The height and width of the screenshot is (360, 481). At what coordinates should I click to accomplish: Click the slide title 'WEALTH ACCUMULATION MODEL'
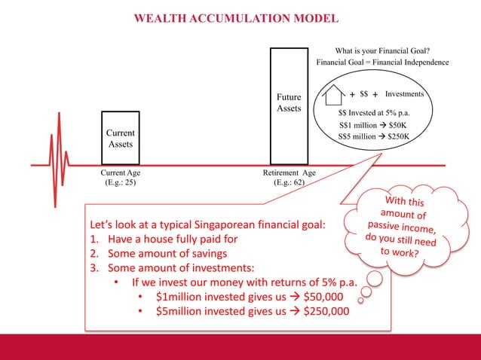pos(236,18)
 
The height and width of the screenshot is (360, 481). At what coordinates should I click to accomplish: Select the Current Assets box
pos(120,137)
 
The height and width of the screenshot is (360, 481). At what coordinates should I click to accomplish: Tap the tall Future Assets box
pos(288,104)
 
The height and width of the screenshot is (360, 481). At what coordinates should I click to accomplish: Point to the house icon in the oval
pos(333,96)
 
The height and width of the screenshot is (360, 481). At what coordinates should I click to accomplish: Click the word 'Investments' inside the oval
pos(405,95)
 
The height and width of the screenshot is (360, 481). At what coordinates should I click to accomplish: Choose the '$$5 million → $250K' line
pos(374,137)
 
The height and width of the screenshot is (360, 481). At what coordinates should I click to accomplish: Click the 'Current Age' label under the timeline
pos(120,172)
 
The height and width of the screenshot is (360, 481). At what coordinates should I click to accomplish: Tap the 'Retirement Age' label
pos(288,172)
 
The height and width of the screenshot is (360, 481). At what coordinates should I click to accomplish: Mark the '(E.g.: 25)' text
pos(120,182)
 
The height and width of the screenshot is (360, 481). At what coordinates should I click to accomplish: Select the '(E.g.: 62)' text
pos(288,182)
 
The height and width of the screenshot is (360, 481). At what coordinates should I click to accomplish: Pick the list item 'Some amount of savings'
pos(163,254)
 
